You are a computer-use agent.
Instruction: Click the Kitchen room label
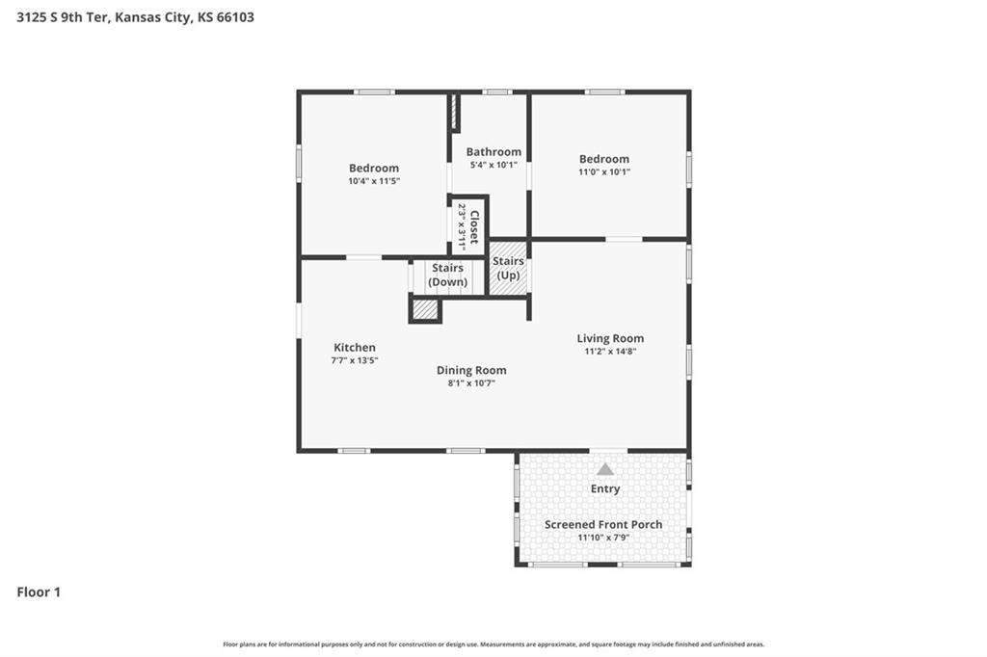(x=355, y=348)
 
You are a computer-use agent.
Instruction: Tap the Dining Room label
(x=471, y=370)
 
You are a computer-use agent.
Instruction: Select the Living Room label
(x=610, y=338)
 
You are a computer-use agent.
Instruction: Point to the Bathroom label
(x=493, y=151)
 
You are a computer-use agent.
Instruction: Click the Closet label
(x=474, y=227)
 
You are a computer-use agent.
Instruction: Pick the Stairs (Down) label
(x=447, y=275)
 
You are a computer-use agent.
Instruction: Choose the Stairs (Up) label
(x=508, y=268)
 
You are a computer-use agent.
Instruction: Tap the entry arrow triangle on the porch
(x=605, y=469)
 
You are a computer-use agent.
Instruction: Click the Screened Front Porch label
(x=603, y=524)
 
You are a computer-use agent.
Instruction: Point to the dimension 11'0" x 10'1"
(x=604, y=171)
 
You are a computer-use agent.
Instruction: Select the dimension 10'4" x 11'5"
(x=374, y=181)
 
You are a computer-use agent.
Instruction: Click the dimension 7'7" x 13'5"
(x=355, y=360)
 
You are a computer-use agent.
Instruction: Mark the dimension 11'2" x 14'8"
(x=610, y=352)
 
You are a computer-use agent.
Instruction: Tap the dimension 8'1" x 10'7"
(x=471, y=383)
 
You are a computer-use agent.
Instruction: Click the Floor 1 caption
(x=39, y=592)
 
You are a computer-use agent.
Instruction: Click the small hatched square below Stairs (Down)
(x=425, y=310)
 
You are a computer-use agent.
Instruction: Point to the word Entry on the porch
(x=605, y=489)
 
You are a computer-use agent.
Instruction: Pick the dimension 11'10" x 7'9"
(x=603, y=538)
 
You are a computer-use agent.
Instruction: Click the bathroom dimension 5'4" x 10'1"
(x=493, y=165)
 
